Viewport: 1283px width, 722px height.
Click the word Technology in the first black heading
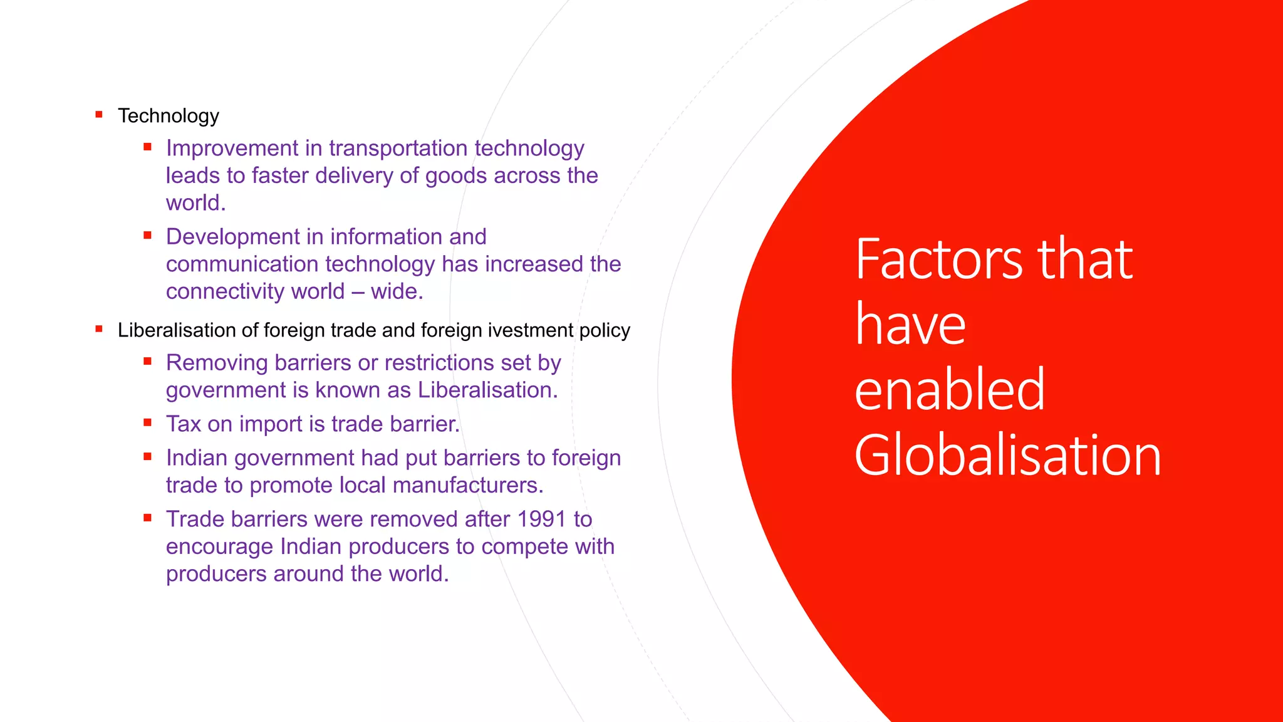pyautogui.click(x=169, y=116)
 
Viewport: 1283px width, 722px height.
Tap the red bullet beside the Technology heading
pyautogui.click(x=99, y=115)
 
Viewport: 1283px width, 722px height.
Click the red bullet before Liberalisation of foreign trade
pyautogui.click(x=99, y=329)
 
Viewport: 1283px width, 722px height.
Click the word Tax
pyautogui.click(x=183, y=424)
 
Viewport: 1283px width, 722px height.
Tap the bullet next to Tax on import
pyautogui.click(x=148, y=423)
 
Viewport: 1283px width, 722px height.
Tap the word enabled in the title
pyautogui.click(x=950, y=389)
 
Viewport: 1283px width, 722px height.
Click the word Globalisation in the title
pyautogui.click(x=1007, y=455)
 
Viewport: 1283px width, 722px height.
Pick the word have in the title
pyautogui.click(x=910, y=324)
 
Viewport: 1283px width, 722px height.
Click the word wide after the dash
pyautogui.click(x=397, y=291)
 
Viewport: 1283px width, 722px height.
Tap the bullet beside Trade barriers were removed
pyautogui.click(x=148, y=518)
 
